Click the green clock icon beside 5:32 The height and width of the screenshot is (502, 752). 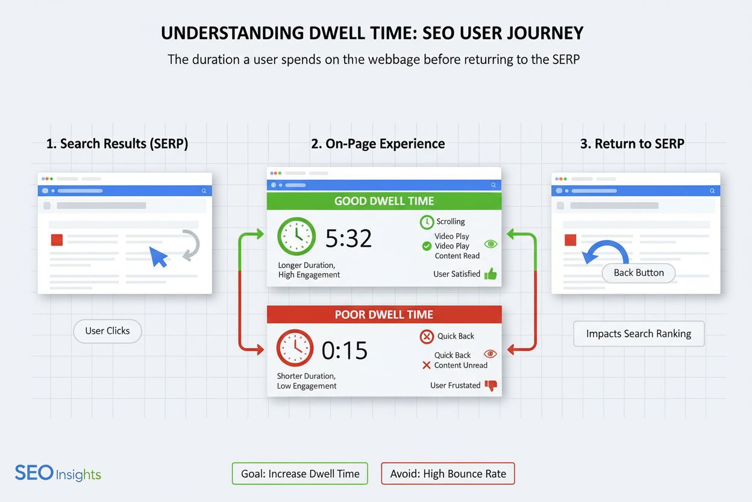point(296,237)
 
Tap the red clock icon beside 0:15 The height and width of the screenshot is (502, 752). point(295,348)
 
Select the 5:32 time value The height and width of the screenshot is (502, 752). point(348,238)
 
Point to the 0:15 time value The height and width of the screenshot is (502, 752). point(345,350)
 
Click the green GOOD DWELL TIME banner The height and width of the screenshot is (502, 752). point(384,202)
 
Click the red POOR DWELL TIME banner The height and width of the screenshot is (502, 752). point(384,314)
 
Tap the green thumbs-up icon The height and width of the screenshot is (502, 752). point(490,274)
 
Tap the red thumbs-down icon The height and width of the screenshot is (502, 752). point(491,386)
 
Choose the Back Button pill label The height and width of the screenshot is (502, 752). point(639,273)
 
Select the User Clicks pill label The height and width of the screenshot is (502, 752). point(107,331)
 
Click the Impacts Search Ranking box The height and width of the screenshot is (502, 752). point(638,334)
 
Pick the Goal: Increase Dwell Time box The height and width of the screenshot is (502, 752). point(300,474)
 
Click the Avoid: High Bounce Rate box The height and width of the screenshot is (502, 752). point(448,474)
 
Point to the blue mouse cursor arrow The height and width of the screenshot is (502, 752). point(158,256)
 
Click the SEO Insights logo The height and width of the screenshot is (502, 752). point(58,474)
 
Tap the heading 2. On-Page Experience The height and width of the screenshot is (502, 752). point(378,144)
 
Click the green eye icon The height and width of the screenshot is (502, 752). point(491,244)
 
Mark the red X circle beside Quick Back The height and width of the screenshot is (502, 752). point(427,337)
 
